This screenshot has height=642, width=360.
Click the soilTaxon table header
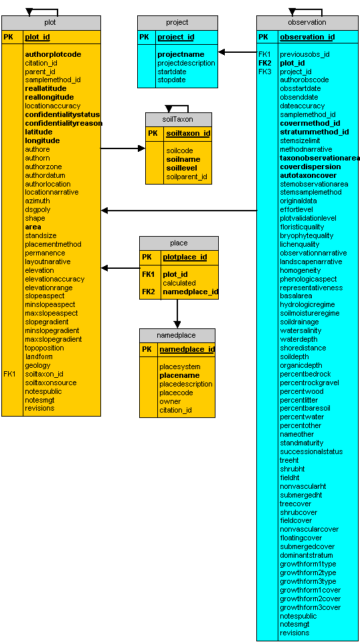pos(179,120)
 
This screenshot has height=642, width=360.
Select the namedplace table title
pos(177,335)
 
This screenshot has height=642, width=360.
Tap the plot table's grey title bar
pos(52,23)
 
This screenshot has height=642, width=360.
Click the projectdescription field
pos(186,63)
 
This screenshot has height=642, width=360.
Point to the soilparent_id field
pos(186,177)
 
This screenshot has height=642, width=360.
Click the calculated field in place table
pos(179,283)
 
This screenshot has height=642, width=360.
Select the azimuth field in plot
pos(37,201)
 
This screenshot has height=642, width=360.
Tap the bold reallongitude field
pos(50,97)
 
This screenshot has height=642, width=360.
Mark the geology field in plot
pos(37,365)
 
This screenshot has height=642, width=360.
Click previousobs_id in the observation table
pos(304,54)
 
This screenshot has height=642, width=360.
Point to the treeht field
pos(289,460)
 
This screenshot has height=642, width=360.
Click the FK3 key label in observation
pos(264,72)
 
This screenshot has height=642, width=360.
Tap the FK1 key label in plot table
pos(9,374)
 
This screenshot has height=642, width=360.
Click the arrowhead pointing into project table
pos(221,52)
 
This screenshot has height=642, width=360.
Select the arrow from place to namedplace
pos(177,314)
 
